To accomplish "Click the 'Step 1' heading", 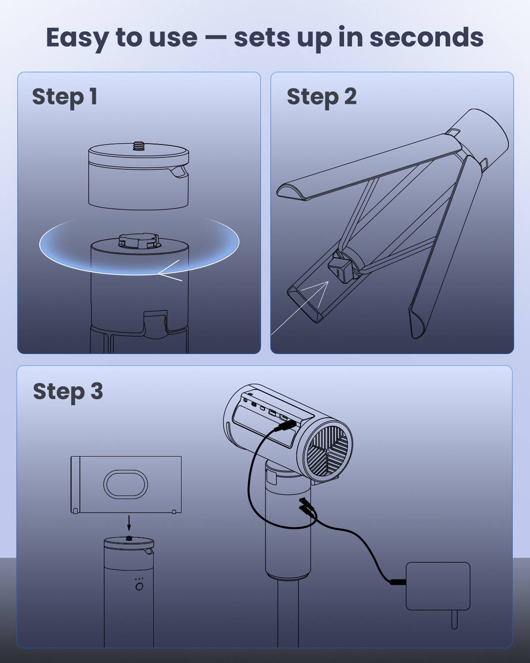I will pos(64,97).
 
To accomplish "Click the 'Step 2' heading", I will pos(321,97).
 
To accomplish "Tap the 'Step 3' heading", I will pos(68,392).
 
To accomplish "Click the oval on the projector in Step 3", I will pos(125,484).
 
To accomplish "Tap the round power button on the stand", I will pos(139,587).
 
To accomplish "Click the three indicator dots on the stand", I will pos(139,579).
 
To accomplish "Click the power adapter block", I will pos(438,586).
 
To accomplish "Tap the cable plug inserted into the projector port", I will pos(285,426).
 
